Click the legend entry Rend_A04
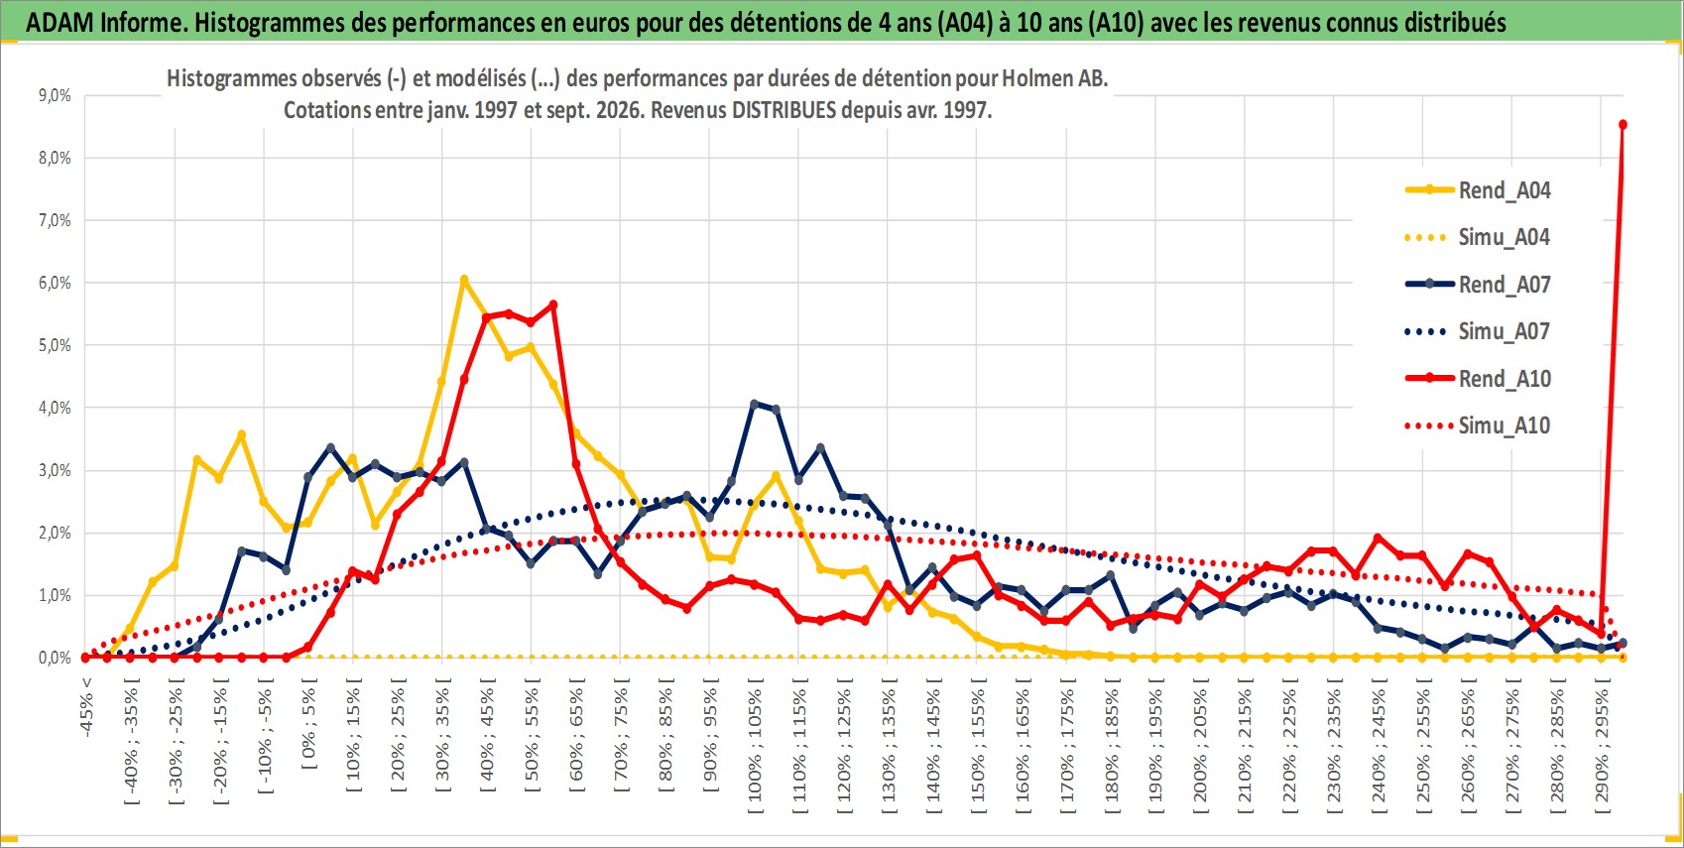point(1478,190)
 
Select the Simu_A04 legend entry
point(1478,238)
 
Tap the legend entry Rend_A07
point(1478,285)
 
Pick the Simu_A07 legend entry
point(1478,331)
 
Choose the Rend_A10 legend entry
point(1478,378)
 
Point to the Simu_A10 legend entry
point(1478,425)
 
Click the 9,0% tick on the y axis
point(55,95)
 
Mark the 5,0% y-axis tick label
point(55,346)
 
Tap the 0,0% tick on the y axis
point(55,658)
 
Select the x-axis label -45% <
point(85,707)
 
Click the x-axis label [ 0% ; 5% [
point(309,723)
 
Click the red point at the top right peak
point(1623,125)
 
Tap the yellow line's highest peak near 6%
point(464,280)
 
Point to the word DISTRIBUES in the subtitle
point(784,110)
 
